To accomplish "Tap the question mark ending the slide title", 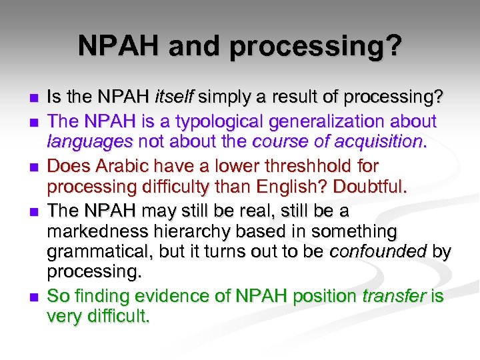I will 395,46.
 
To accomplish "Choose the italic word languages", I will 81,141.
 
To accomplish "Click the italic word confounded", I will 385,251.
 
